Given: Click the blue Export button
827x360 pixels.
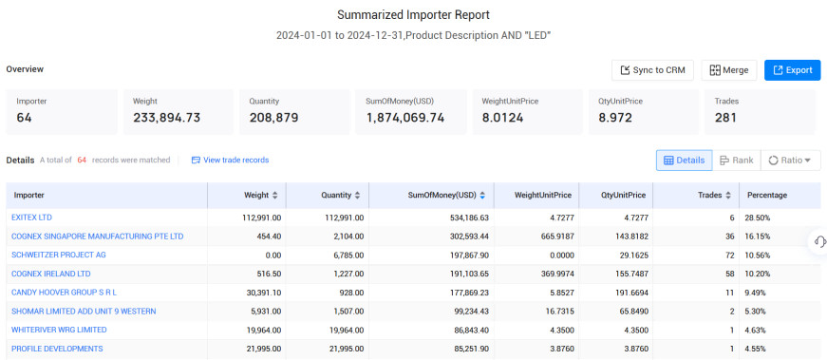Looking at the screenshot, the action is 792,70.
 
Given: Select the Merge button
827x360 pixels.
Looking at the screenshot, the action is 729,70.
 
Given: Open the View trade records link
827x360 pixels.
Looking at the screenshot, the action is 230,160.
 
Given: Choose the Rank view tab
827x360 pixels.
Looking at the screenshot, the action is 736,161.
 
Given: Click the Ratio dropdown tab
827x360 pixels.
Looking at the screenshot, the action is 790,161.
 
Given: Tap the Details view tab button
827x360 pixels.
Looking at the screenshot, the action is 684,161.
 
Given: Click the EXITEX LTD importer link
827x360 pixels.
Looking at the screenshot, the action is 31,218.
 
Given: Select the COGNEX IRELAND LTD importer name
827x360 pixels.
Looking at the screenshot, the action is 51,274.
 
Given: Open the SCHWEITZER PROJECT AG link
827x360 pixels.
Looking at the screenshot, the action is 59,255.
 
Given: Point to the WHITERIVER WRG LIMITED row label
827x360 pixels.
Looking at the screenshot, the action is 59,330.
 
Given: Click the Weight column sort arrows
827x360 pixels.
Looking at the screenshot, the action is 274,196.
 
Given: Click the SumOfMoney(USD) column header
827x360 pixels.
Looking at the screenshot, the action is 442,196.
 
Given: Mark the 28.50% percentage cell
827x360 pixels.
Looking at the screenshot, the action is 758,218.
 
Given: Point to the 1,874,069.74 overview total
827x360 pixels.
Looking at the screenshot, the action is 405,118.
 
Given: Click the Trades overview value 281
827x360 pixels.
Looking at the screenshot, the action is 725,118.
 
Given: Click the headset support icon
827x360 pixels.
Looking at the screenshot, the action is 819,242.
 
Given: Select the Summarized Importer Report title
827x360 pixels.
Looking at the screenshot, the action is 414,15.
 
